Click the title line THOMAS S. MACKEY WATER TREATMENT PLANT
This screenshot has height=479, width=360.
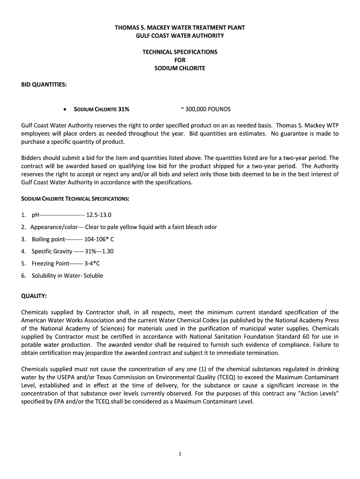coord(180,28)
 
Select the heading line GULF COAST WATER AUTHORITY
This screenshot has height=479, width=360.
coord(180,36)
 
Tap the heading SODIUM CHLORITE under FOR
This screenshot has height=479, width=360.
coord(180,68)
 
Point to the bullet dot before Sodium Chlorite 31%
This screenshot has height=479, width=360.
coord(65,109)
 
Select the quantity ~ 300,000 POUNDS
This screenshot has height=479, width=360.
coord(205,109)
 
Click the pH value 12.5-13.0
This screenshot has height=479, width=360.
coord(99,215)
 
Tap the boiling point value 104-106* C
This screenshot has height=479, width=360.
coord(99,239)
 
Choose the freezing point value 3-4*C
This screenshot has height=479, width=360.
coord(92,263)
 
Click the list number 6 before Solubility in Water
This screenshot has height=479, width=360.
coord(23,276)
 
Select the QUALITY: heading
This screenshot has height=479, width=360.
coord(34,296)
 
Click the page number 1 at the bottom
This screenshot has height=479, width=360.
coord(180,454)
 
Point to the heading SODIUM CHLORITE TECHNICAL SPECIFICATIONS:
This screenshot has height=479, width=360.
coord(75,199)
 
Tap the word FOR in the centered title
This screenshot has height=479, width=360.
coord(180,60)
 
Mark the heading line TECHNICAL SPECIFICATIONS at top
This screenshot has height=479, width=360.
coord(180,52)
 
